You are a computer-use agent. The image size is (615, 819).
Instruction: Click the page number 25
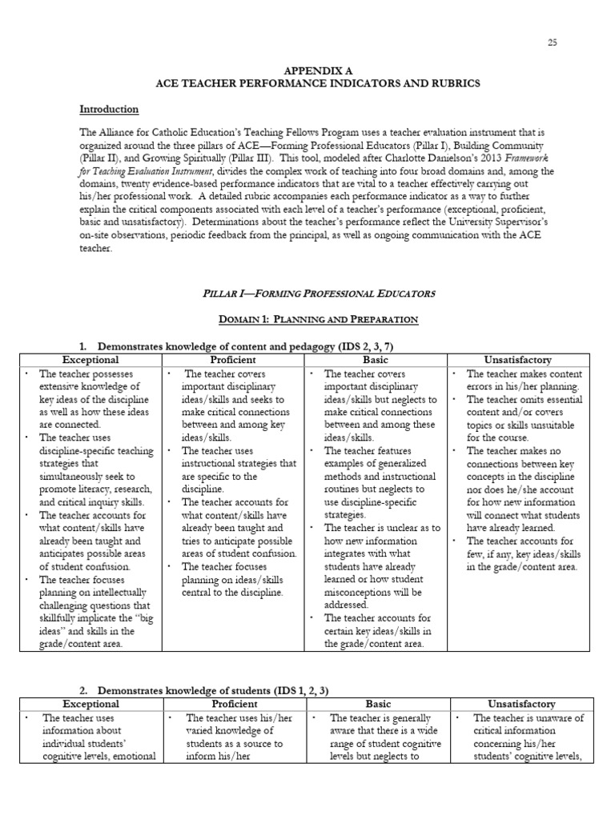coord(552,42)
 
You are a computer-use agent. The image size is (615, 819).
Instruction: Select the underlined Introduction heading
coord(109,110)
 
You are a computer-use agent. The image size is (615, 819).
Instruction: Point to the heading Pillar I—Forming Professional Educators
coord(307,294)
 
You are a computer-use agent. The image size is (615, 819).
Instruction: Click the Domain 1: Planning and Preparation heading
coord(307,320)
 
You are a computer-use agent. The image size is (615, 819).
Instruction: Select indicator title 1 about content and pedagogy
coord(245,346)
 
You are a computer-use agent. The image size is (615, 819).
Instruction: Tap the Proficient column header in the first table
coord(232,360)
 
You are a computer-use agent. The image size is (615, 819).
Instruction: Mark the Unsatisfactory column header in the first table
coord(518,360)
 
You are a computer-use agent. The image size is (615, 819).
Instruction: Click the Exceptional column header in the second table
coord(90,705)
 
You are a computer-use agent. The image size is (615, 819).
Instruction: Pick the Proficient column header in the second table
coord(235,705)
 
